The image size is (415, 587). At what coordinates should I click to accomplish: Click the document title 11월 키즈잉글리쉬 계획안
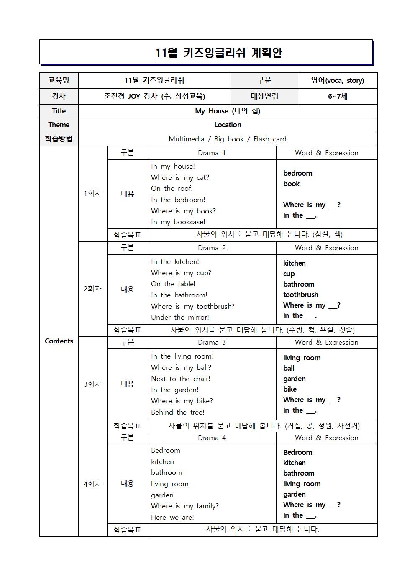(x=219, y=53)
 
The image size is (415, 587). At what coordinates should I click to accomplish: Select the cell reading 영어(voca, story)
(x=337, y=80)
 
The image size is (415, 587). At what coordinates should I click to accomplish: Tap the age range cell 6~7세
(x=337, y=96)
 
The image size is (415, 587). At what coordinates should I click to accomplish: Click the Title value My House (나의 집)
(x=228, y=111)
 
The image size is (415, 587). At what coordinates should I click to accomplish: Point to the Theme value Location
(x=228, y=125)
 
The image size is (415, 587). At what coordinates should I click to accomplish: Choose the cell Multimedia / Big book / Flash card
(x=228, y=139)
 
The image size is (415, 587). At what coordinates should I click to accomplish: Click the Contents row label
(x=59, y=341)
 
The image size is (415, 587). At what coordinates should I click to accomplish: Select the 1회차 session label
(x=92, y=193)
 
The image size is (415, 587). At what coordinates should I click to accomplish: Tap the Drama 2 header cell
(x=212, y=248)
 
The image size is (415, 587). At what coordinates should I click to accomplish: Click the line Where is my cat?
(x=180, y=177)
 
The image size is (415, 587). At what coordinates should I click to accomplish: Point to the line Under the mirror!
(x=180, y=317)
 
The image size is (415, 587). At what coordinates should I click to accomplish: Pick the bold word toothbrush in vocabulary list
(x=300, y=295)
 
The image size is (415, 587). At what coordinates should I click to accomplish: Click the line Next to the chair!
(x=181, y=379)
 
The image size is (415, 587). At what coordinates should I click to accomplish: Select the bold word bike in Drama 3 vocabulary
(x=290, y=389)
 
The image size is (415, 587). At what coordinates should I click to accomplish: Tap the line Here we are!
(x=172, y=517)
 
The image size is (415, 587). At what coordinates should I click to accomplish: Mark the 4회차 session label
(x=92, y=484)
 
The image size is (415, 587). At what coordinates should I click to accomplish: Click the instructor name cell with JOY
(x=154, y=96)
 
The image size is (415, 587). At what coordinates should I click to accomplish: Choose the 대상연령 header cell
(x=264, y=96)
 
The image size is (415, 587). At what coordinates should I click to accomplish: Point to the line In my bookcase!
(x=178, y=222)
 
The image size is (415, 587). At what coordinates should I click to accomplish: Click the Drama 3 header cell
(x=212, y=342)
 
